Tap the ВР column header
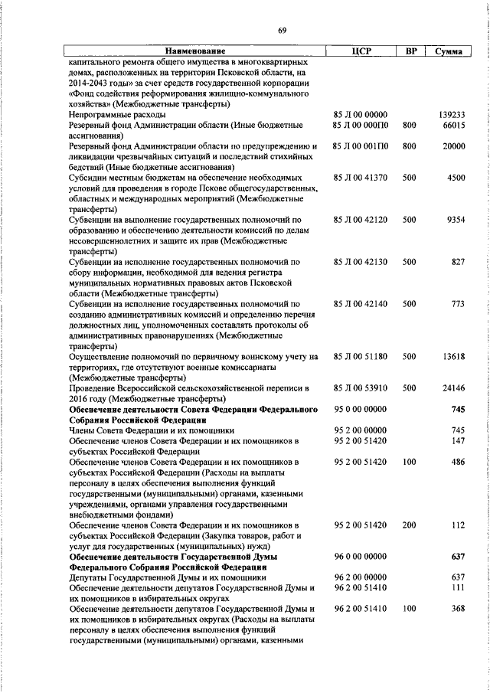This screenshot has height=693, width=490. coord(410,51)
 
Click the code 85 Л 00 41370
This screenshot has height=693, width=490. coord(361,178)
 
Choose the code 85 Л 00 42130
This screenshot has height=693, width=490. coord(361,262)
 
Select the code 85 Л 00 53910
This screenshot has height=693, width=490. coord(361,388)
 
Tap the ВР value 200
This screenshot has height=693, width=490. coord(410,525)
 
